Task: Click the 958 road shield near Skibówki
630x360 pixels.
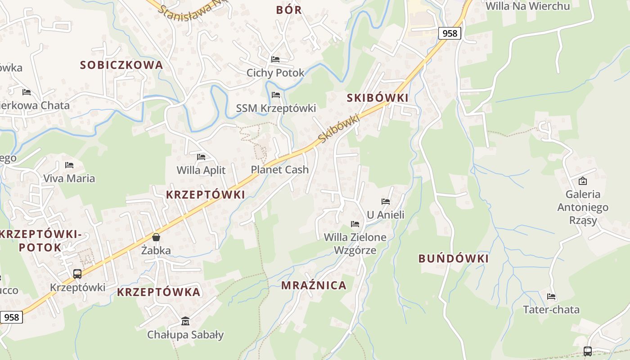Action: click(450, 33)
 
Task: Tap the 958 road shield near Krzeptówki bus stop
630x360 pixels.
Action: click(11, 317)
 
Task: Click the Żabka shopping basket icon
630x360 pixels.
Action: click(156, 237)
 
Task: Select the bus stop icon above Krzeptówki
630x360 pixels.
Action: click(77, 274)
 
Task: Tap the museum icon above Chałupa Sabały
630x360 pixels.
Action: click(185, 321)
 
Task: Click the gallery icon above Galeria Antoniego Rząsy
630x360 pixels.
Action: click(583, 181)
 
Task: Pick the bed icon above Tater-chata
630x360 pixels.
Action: click(551, 297)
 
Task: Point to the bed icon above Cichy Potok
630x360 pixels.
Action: click(275, 59)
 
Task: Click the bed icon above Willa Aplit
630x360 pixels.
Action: click(201, 157)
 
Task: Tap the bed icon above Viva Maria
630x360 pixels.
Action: click(69, 165)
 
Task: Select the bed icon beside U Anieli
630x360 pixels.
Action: click(386, 202)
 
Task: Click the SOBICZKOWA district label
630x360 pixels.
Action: click(121, 65)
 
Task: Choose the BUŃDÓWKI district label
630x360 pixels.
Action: click(454, 259)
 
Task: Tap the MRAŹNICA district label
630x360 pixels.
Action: click(314, 285)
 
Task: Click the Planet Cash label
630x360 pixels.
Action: click(280, 170)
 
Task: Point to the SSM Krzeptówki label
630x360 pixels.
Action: click(276, 108)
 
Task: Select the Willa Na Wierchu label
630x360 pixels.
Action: click(528, 6)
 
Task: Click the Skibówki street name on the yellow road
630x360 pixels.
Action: click(338, 128)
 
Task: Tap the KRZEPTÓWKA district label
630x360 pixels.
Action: click(158, 292)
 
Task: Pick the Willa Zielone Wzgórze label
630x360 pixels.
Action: click(355, 243)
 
